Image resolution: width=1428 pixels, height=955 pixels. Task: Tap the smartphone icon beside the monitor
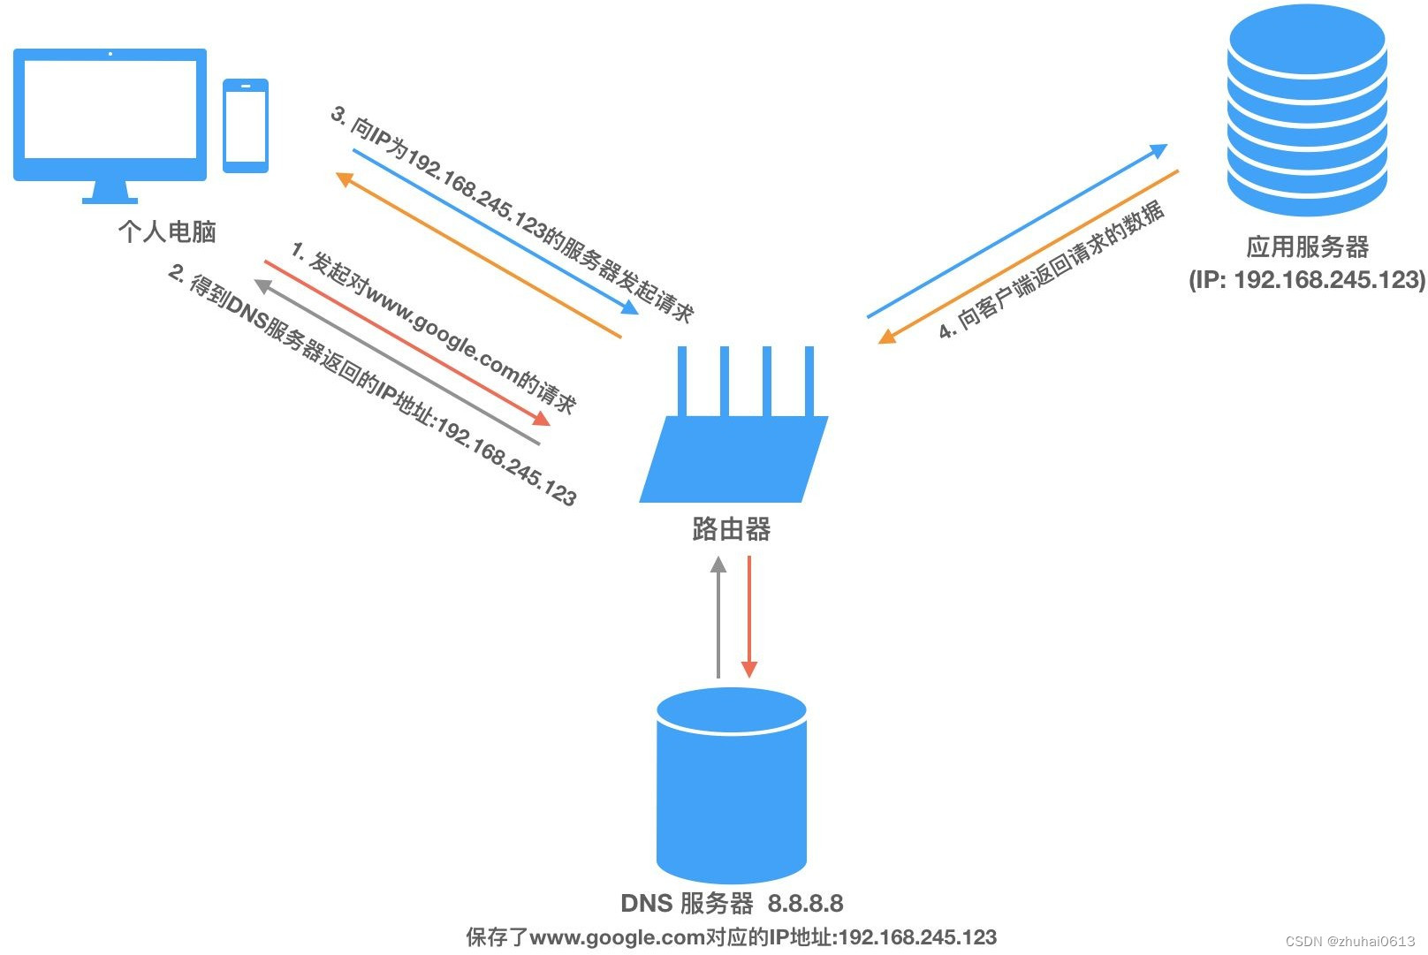245,125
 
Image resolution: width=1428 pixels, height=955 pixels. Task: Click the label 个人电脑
167,231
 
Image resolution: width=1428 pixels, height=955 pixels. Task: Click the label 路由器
731,529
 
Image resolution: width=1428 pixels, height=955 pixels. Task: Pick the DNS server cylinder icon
732,785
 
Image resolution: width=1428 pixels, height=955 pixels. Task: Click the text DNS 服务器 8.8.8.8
732,903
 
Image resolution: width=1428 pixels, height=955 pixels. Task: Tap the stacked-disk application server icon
1307,110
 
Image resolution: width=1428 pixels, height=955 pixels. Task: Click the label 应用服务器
1307,246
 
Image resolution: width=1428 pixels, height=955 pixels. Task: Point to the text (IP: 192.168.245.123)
1307,280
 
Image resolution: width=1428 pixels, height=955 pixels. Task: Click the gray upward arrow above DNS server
718,618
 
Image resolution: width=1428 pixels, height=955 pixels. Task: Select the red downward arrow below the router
749,618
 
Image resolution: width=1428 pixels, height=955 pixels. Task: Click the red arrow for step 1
406,343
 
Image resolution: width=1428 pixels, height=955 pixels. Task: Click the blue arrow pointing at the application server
1016,231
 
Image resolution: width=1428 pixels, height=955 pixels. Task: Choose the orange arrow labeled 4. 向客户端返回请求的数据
1029,255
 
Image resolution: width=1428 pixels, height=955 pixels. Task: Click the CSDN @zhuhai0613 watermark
1349,942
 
